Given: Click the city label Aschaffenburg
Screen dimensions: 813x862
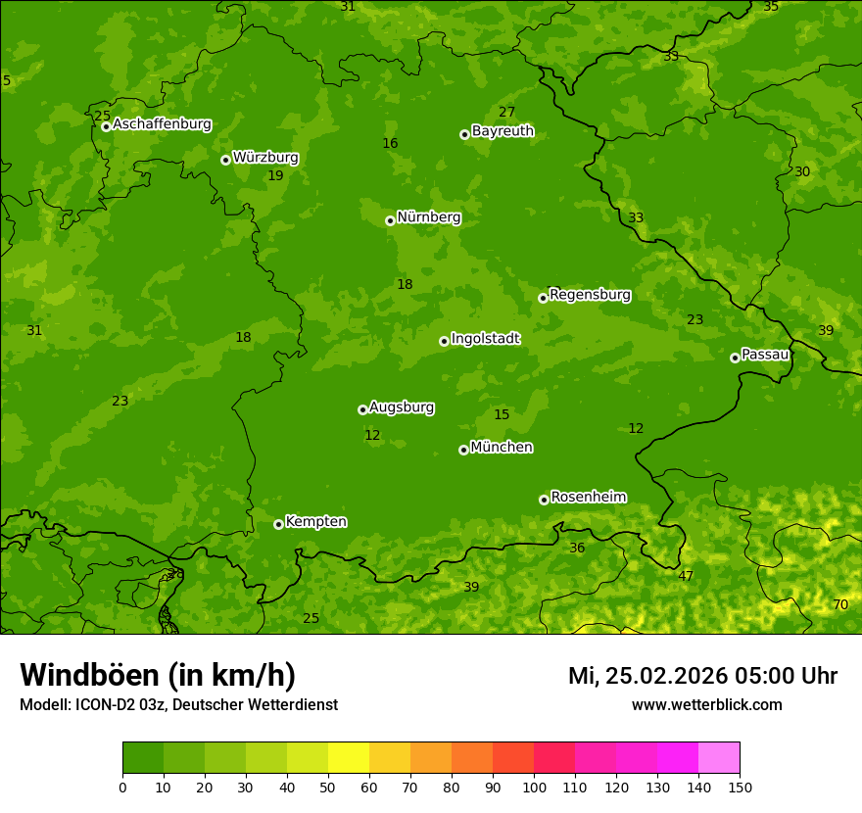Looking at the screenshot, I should [x=162, y=124].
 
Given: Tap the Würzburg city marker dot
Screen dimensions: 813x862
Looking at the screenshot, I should [x=225, y=160].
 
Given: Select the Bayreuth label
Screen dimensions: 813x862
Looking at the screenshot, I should [x=503, y=130].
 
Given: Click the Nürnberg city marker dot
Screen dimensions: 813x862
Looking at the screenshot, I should [x=390, y=220].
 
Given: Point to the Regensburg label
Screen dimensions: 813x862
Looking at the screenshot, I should [x=590, y=294].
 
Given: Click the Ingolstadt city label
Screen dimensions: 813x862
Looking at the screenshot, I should [x=485, y=338].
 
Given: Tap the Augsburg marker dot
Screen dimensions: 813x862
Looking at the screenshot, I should [x=362, y=409].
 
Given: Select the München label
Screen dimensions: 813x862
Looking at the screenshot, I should [x=502, y=447].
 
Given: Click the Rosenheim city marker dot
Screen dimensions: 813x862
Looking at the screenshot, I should [x=544, y=500].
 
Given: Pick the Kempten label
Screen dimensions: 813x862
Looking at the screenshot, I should [x=315, y=521].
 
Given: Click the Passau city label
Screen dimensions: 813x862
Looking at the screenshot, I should [x=765, y=354].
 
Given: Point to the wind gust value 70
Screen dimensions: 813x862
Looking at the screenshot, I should [x=840, y=604].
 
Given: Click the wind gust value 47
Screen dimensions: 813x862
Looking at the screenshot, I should [x=686, y=576].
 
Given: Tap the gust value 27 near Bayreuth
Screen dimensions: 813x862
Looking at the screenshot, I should [x=506, y=112].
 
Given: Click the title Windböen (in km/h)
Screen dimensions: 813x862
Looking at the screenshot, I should [x=158, y=675].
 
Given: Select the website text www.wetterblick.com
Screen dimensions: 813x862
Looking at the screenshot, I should [x=706, y=704].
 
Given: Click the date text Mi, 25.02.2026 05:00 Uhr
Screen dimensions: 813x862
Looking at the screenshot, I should [x=702, y=676].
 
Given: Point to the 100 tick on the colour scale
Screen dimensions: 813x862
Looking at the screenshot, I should [x=534, y=787].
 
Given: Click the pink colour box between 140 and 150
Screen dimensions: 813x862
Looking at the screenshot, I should [x=719, y=758].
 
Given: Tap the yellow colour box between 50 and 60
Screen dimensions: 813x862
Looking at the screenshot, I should [x=349, y=758].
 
